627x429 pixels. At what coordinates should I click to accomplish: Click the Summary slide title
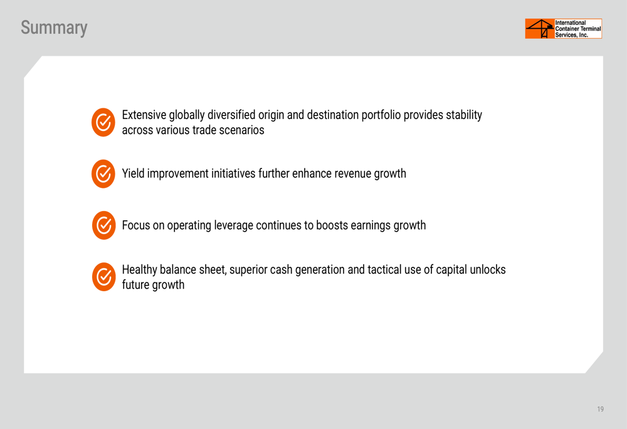54,28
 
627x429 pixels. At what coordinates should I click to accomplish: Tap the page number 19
600,409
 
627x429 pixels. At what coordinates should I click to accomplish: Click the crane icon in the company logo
540,29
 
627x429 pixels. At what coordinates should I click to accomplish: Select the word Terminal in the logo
589,29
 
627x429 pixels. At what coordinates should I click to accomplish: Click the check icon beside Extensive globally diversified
103,122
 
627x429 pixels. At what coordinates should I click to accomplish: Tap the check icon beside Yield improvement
103,173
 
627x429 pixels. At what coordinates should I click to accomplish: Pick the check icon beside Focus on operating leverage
104,225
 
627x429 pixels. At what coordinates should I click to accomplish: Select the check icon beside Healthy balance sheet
104,277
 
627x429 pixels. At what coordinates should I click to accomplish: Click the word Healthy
140,270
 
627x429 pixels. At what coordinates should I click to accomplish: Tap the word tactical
384,270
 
